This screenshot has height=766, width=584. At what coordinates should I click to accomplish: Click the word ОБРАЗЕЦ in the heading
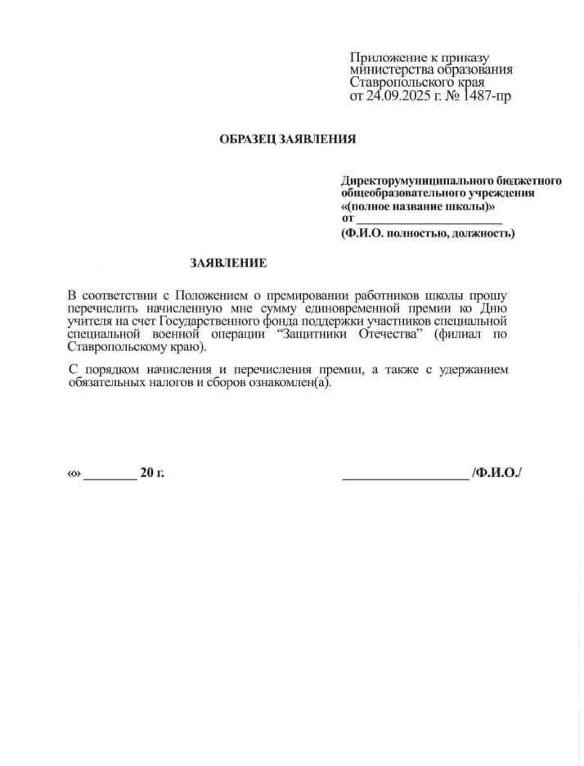[x=248, y=139]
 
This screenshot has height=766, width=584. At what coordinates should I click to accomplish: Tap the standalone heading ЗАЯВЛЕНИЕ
[x=228, y=264]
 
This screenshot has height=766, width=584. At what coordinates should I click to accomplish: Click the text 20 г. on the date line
[x=152, y=474]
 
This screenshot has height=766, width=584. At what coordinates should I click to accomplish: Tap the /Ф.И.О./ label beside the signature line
[x=496, y=474]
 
